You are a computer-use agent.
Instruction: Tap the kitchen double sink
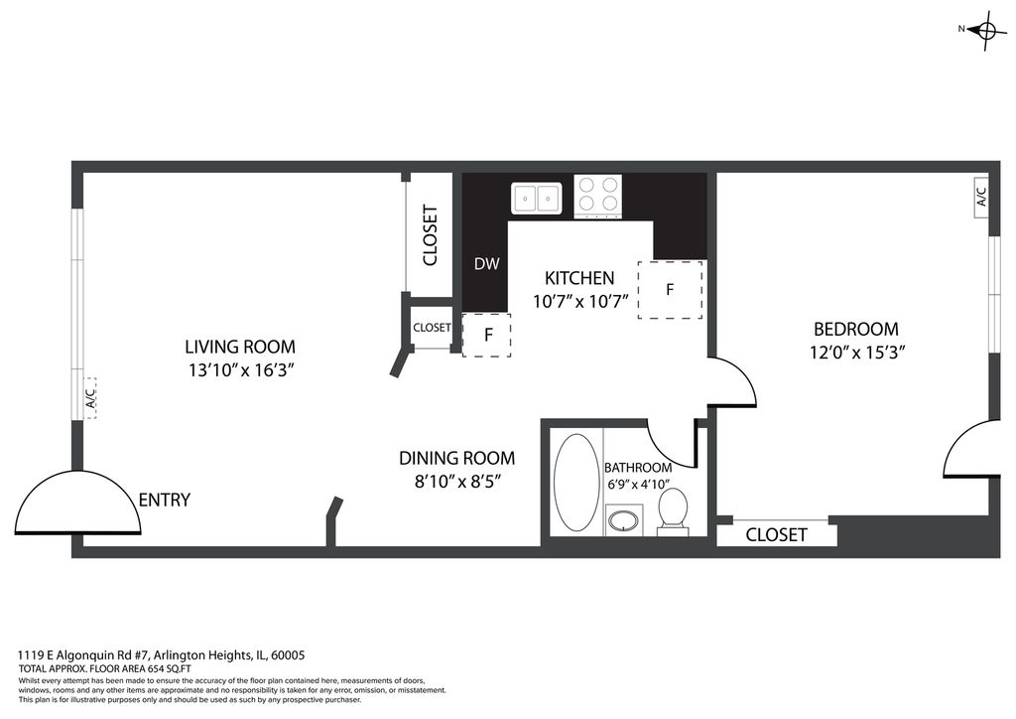click(537, 198)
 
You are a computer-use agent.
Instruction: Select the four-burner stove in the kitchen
click(598, 196)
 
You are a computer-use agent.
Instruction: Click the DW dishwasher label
click(486, 263)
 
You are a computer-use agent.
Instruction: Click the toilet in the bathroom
click(674, 512)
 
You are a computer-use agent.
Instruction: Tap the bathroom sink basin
click(625, 521)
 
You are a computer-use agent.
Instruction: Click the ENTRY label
click(165, 500)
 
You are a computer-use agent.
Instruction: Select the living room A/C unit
click(90, 397)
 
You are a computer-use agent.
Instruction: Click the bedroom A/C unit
click(981, 197)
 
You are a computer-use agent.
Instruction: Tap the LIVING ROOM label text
click(240, 347)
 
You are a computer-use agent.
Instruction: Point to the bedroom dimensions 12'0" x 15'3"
click(856, 352)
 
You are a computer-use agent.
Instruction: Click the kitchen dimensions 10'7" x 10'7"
click(580, 302)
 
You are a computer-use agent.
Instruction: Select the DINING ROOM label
click(456, 459)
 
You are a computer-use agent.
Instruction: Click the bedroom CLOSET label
click(776, 535)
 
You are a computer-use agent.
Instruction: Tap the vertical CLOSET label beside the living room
click(431, 235)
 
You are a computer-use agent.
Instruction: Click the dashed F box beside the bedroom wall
click(670, 290)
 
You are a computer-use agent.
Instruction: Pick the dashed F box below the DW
click(486, 336)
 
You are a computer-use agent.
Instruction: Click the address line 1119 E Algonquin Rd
click(162, 655)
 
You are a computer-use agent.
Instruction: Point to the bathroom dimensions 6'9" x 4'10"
click(638, 484)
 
